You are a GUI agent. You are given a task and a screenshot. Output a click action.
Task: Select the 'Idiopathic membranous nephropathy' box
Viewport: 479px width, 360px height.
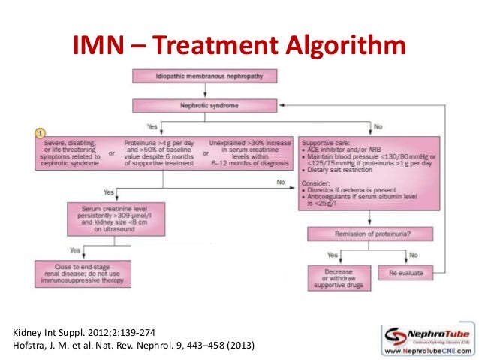click(x=204, y=76)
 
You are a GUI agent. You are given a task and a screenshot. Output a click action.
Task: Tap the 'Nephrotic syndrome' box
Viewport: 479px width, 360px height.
click(x=204, y=106)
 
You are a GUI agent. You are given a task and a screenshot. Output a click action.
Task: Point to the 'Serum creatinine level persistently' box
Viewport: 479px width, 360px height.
click(x=102, y=218)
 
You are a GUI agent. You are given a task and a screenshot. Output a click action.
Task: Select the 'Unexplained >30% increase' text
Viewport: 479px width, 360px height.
click(x=247, y=141)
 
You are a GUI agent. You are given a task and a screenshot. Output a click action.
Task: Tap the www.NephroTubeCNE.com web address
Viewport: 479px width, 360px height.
click(x=428, y=349)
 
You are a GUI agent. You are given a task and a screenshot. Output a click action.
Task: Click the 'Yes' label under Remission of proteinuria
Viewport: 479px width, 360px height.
click(x=333, y=253)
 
